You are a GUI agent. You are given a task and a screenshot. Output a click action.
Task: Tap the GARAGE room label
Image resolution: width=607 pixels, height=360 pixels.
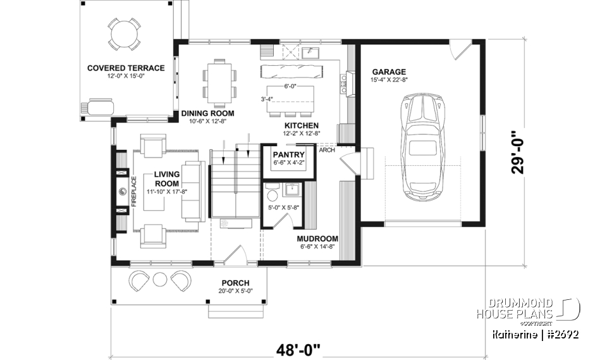(x=389, y=72)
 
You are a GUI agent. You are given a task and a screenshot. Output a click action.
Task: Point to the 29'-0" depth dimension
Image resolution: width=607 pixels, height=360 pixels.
(x=518, y=151)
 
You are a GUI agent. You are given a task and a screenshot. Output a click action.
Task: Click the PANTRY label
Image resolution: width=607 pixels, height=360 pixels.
(x=288, y=155)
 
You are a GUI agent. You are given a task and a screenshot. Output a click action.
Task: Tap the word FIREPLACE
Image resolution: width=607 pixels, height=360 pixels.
(x=133, y=194)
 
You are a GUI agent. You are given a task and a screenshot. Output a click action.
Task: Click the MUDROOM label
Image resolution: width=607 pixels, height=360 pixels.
(x=317, y=239)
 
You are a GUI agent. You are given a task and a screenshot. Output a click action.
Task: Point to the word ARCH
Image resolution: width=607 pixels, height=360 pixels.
(x=327, y=151)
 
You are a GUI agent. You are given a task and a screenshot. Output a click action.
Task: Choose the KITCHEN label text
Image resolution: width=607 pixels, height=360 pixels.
(x=301, y=125)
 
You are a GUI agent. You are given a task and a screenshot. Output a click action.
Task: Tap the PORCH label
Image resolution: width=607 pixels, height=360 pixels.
(x=235, y=282)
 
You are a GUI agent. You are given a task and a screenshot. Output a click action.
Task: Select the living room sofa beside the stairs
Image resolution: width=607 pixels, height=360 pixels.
(x=193, y=190)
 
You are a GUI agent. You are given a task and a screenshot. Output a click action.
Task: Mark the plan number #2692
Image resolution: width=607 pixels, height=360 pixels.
(x=560, y=333)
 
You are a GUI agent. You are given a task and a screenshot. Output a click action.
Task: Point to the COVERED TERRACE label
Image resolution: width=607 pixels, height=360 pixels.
(x=126, y=68)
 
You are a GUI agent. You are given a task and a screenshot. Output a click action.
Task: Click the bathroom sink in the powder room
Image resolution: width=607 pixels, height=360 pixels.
(x=293, y=189)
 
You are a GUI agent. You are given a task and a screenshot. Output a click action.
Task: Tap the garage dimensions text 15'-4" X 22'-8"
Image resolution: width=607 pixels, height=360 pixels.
(x=389, y=80)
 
